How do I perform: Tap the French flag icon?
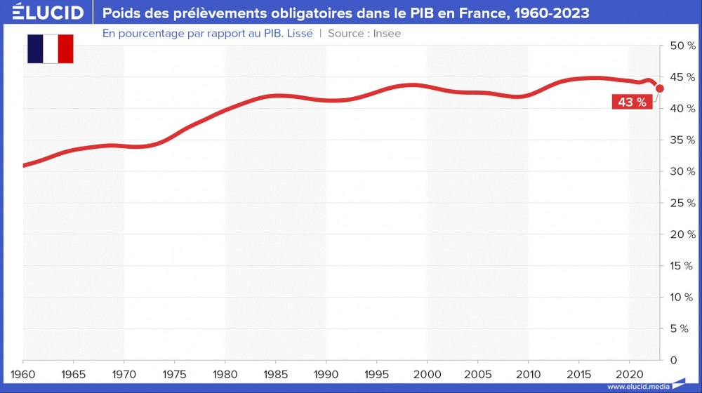(51, 48)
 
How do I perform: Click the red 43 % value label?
(632, 102)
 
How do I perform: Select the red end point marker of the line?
(660, 88)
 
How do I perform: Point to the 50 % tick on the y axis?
(682, 46)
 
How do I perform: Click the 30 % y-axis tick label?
(682, 171)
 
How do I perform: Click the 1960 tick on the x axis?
(23, 371)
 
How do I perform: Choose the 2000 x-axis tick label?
(428, 371)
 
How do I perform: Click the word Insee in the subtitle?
(387, 33)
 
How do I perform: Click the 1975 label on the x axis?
(175, 371)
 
